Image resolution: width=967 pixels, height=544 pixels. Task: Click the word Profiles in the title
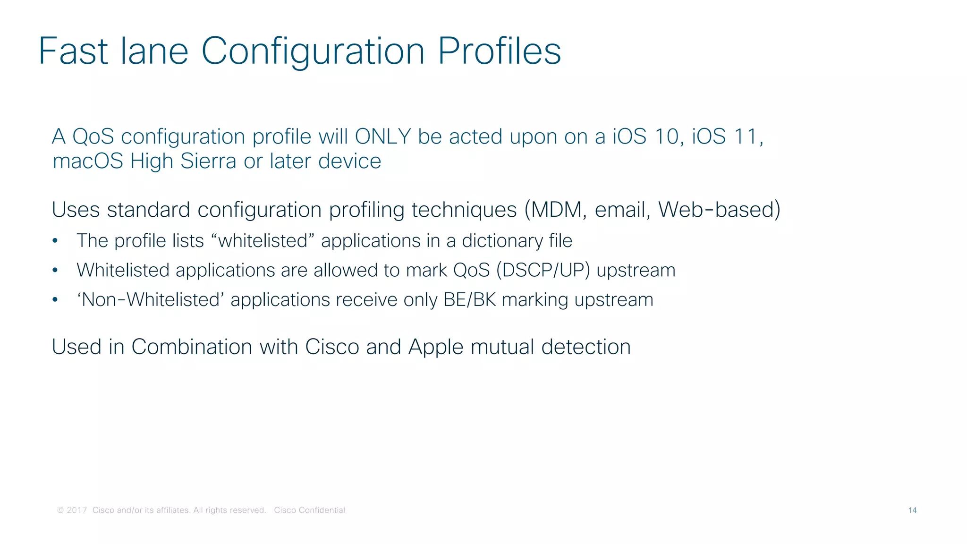pos(499,51)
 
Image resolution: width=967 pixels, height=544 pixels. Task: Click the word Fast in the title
pos(73,51)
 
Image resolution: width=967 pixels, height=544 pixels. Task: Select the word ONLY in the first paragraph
pos(382,136)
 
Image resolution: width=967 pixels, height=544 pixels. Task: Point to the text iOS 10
pos(645,136)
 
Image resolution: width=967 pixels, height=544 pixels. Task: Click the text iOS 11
pos(726,136)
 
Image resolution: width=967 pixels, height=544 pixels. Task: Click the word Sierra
pos(208,161)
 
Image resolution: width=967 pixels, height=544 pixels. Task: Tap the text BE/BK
pos(470,300)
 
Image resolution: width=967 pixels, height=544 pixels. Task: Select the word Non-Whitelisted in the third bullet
pos(151,300)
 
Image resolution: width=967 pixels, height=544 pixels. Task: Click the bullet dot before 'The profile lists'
pos(55,241)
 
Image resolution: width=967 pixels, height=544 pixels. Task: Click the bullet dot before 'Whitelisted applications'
pos(55,271)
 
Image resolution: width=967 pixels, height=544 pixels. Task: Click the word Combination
pos(192,347)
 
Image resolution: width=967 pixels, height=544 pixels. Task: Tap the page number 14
pos(912,510)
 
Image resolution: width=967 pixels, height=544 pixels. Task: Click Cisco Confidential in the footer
pos(309,510)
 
